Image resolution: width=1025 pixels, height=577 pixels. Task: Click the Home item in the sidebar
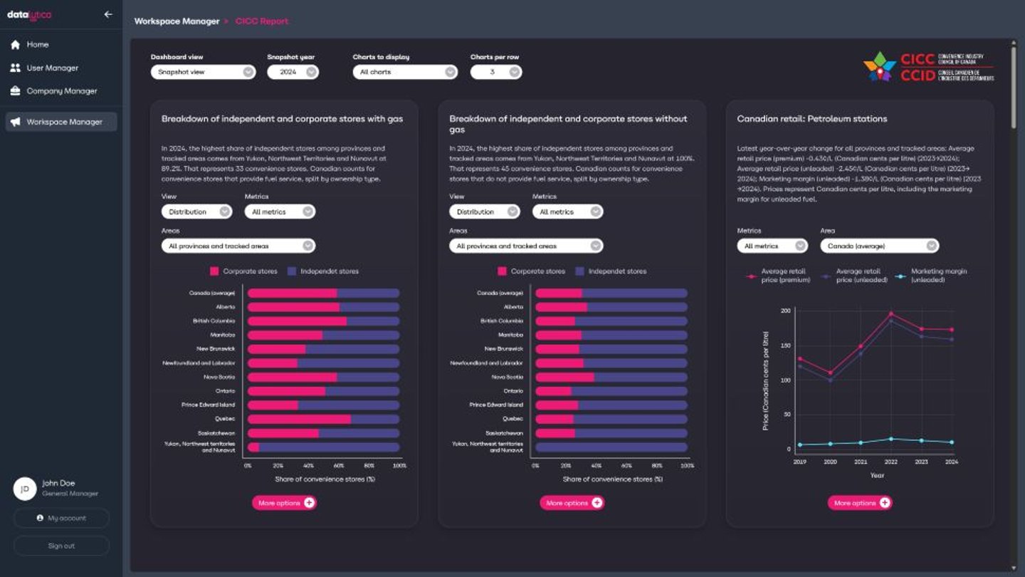[37, 45]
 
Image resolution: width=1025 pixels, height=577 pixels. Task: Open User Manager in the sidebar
[52, 68]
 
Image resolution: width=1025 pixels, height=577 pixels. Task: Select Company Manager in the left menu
[61, 91]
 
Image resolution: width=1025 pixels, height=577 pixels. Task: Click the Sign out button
[61, 546]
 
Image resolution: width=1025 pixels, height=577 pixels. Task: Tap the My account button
[61, 519]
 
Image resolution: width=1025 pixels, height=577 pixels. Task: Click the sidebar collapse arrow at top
[108, 14]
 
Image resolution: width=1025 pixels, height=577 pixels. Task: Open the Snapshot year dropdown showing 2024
[293, 72]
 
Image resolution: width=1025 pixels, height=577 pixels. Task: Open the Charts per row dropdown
[495, 72]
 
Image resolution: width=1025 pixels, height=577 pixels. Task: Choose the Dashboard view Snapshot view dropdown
[203, 72]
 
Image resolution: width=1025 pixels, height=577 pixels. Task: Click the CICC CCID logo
[928, 67]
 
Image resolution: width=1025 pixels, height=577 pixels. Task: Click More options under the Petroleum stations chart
[859, 503]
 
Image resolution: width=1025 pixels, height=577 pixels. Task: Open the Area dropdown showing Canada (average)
[879, 246]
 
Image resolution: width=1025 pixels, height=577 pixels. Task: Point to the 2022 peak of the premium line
[890, 313]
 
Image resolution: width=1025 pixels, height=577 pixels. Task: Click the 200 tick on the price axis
[785, 311]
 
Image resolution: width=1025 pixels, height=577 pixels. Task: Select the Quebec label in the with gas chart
[224, 419]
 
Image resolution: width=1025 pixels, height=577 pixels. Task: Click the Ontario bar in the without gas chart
[611, 391]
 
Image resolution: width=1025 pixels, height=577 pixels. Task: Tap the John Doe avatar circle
[25, 489]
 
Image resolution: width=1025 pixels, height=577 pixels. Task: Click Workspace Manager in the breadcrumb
[177, 21]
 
